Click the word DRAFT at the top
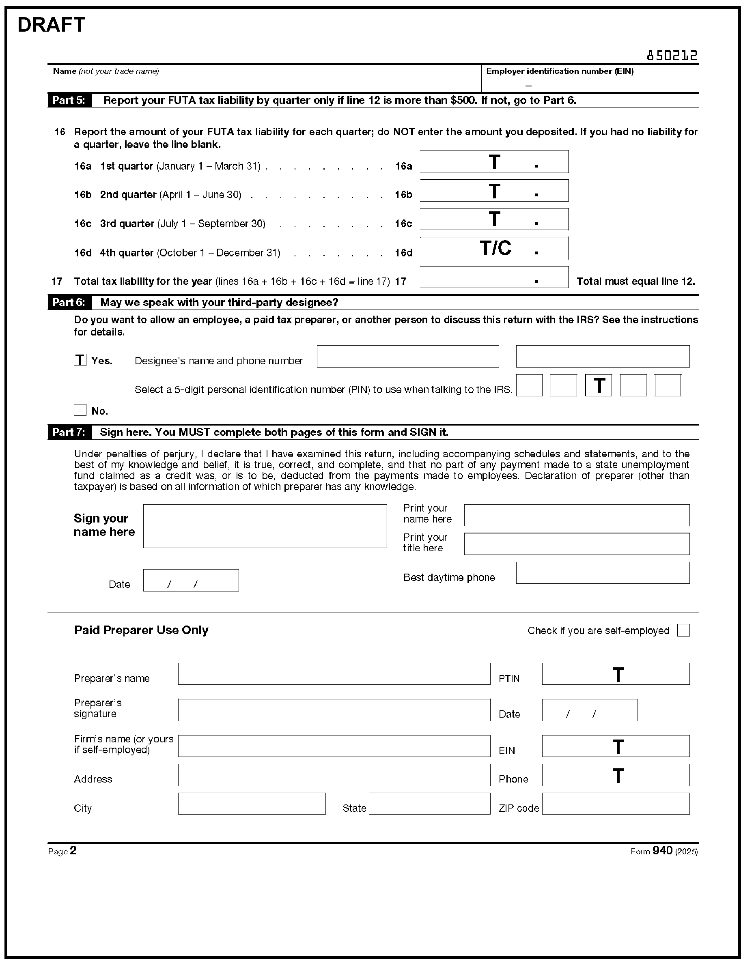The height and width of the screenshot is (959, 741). click(x=51, y=25)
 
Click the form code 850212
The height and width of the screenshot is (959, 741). click(x=672, y=56)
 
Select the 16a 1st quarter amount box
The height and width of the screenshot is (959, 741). click(x=494, y=162)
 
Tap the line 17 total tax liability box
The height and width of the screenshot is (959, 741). click(x=494, y=277)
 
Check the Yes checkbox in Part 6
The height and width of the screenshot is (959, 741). click(x=80, y=360)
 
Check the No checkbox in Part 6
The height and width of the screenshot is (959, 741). click(x=80, y=410)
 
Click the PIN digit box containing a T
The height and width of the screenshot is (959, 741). click(x=598, y=385)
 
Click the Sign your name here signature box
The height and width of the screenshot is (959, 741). click(x=265, y=526)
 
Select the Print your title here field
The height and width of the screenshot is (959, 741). click(x=576, y=544)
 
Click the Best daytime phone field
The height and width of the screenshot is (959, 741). click(x=603, y=573)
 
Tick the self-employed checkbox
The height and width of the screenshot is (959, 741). click(x=683, y=630)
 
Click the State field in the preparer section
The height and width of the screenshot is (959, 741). click(x=429, y=804)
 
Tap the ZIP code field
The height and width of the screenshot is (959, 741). click(x=615, y=804)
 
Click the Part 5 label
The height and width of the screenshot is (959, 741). click(x=69, y=101)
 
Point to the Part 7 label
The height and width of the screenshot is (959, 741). click(x=69, y=432)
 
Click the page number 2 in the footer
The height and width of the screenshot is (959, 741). click(x=73, y=851)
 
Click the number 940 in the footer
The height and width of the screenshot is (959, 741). click(x=662, y=851)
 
